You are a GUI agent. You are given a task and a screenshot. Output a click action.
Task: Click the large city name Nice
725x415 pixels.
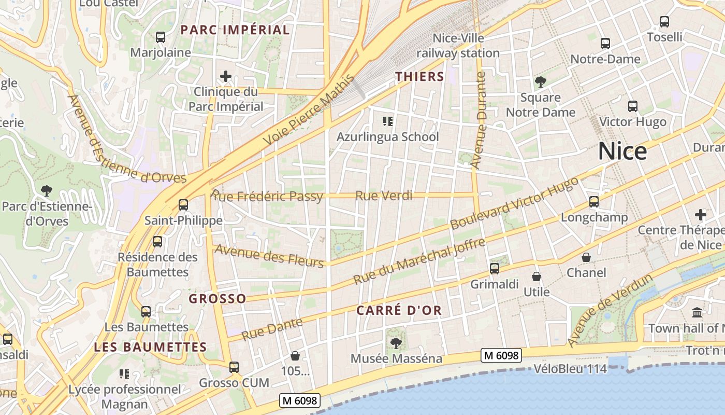click(622, 151)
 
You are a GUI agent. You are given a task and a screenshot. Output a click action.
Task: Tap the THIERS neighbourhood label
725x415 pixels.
click(420, 77)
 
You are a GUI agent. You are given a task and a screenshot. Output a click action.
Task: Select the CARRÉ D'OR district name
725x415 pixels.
click(399, 311)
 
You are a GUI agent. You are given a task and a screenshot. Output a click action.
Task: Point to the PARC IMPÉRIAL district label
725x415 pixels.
click(235, 30)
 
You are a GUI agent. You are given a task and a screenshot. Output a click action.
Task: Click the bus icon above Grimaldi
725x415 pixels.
click(495, 269)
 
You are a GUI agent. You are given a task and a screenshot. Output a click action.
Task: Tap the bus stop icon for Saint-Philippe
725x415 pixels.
click(183, 204)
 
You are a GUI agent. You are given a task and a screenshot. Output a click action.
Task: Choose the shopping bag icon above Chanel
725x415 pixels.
click(586, 257)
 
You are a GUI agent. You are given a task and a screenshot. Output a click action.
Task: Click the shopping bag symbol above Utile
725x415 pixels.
click(536, 276)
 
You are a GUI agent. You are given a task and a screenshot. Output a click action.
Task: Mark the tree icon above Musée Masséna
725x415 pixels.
click(396, 343)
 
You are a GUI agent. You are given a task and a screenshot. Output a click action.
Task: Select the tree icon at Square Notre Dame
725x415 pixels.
click(541, 81)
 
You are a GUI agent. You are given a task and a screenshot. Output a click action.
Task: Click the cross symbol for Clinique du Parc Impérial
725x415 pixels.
click(226, 77)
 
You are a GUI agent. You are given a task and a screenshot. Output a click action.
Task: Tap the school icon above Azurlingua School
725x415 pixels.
click(388, 121)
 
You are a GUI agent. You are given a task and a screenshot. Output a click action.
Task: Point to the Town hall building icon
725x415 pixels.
click(697, 313)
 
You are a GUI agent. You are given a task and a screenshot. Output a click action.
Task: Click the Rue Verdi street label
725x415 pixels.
click(384, 196)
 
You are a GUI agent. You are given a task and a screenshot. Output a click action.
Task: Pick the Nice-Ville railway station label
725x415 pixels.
click(458, 46)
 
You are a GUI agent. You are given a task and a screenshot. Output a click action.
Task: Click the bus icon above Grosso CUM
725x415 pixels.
click(234, 367)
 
